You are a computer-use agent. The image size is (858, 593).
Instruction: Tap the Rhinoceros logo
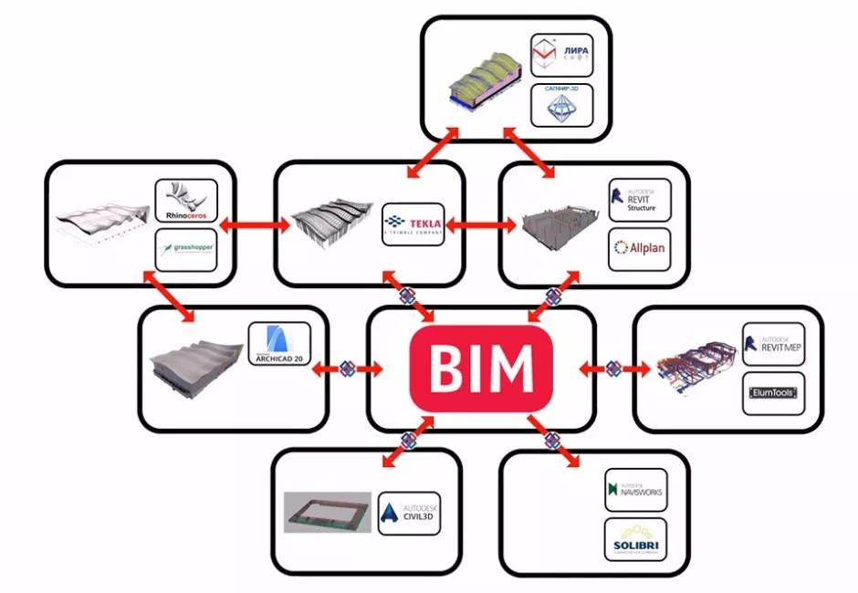click(185, 202)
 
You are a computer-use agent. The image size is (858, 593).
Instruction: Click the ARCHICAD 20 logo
click(279, 345)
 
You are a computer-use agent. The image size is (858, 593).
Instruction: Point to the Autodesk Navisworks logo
click(635, 492)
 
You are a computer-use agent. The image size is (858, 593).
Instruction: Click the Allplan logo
click(639, 247)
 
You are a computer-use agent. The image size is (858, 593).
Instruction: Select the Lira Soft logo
click(561, 56)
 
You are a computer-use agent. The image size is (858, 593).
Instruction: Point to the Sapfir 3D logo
click(561, 105)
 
